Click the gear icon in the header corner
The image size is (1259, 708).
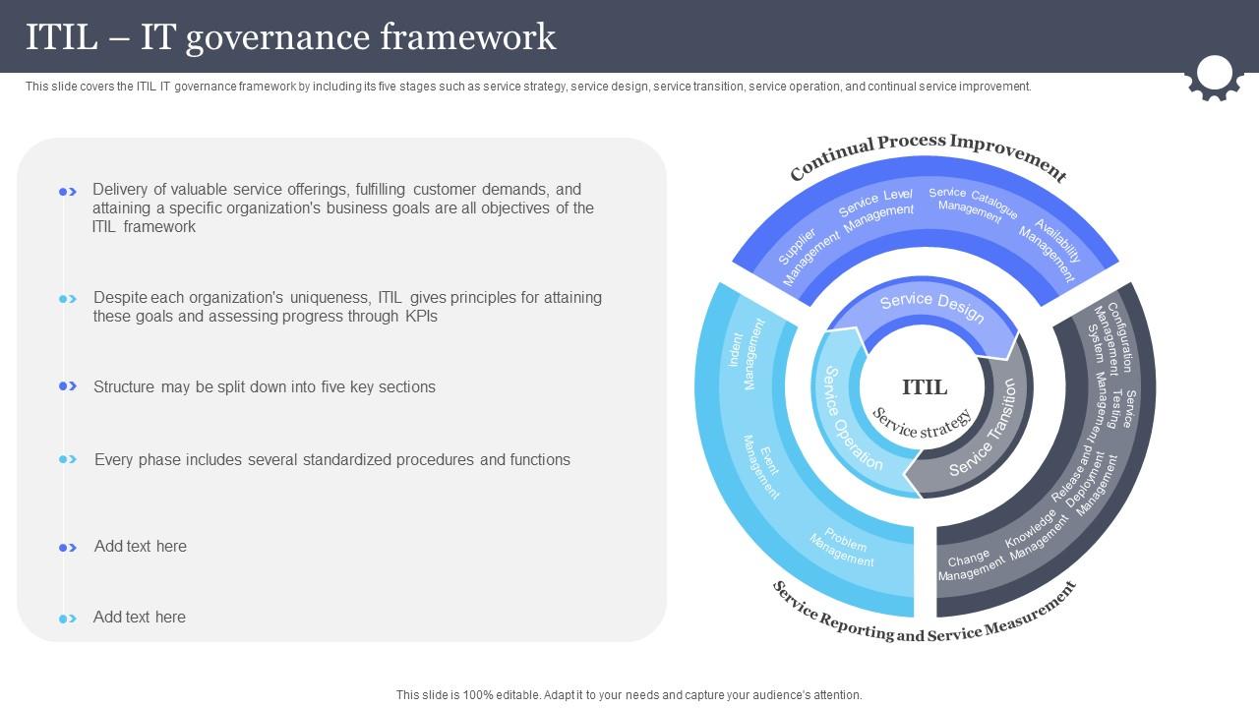point(1215,77)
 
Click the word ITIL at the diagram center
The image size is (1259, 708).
point(925,386)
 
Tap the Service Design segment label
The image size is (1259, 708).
point(931,307)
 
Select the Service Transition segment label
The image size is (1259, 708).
point(984,429)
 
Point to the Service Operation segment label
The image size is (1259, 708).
point(852,418)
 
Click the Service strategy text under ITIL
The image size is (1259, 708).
point(923,424)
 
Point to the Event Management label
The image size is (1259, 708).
point(761,464)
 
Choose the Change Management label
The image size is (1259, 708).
point(970,565)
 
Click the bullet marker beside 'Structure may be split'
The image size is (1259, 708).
point(68,386)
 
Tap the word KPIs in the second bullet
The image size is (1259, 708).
point(421,317)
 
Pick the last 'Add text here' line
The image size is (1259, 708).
point(140,618)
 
